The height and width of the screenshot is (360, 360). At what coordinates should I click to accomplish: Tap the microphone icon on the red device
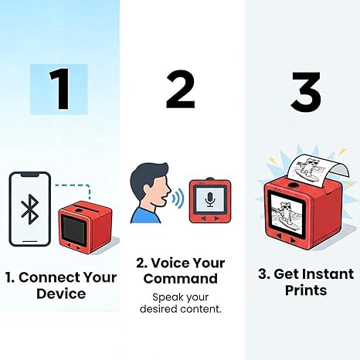[x=210, y=199]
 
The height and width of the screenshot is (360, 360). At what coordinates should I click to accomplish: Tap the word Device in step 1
[x=59, y=294]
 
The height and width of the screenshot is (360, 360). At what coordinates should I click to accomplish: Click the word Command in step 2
[x=180, y=278]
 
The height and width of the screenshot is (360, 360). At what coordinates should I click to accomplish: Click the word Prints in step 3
[x=305, y=291]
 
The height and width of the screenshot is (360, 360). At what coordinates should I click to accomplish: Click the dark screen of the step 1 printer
[x=76, y=230]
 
